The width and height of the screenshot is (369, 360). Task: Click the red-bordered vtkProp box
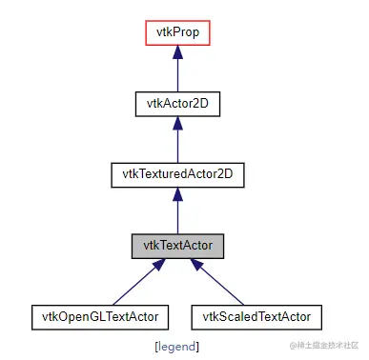(178, 33)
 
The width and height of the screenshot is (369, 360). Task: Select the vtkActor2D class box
(178, 104)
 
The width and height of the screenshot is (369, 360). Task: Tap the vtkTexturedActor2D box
(178, 174)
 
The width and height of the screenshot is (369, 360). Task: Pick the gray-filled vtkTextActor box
(178, 245)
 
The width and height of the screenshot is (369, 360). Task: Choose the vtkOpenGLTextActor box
(100, 315)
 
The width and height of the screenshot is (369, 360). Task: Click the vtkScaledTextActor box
(256, 315)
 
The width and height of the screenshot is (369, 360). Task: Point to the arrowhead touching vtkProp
(178, 53)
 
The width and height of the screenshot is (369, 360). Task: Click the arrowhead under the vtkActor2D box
(178, 124)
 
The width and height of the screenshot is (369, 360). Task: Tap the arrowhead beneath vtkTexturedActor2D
(178, 194)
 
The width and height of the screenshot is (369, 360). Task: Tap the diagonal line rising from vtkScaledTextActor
(229, 287)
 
